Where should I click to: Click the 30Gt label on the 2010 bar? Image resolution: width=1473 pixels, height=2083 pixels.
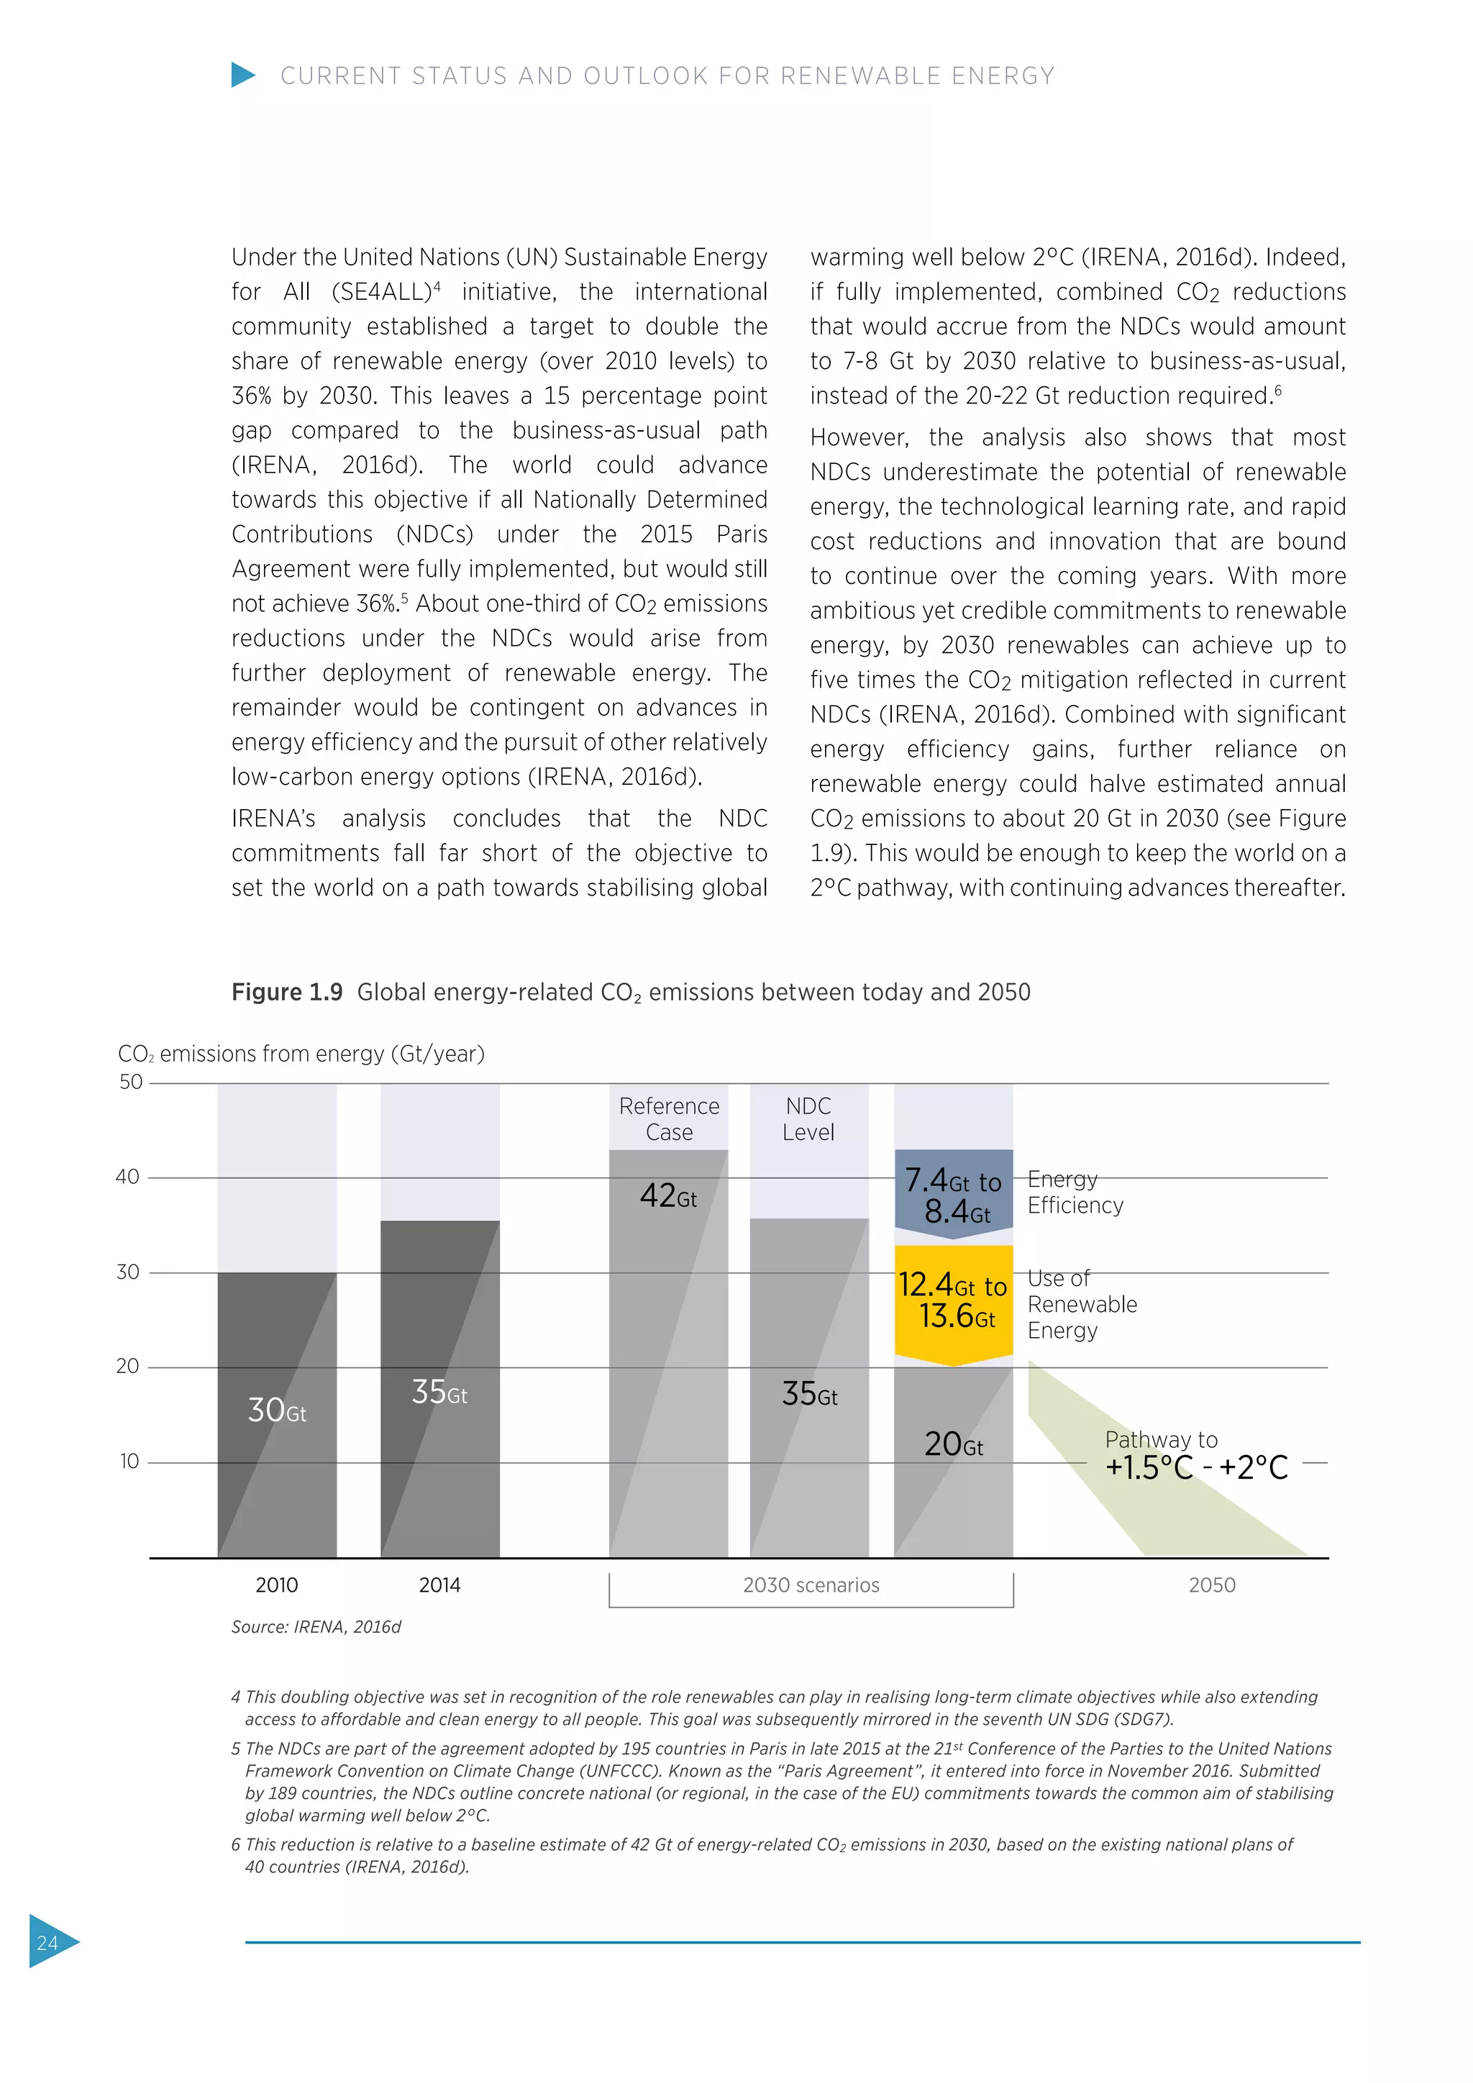(277, 1410)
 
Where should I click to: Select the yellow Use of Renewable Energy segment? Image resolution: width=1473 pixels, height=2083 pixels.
(953, 1301)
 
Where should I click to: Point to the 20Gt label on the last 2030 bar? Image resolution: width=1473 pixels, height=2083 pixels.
(953, 1444)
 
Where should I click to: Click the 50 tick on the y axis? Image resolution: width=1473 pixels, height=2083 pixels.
(131, 1082)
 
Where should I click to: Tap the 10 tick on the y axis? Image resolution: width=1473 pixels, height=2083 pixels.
(129, 1462)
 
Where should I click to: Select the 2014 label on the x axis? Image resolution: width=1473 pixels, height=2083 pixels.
(440, 1585)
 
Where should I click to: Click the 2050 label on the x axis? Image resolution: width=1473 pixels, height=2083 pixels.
(1212, 1585)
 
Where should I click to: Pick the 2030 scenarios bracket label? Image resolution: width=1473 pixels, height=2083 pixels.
(811, 1585)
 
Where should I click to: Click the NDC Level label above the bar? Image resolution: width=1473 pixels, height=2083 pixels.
(808, 1118)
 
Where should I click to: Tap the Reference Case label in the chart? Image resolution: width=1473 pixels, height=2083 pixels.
(668, 1118)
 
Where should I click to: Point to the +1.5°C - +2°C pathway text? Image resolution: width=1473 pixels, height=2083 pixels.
(1195, 1468)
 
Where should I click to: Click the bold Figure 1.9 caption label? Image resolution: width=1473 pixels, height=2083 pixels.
(287, 992)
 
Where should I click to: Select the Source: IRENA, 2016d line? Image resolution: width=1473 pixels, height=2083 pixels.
(316, 1627)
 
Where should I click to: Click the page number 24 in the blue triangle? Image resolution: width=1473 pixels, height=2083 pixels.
(47, 1942)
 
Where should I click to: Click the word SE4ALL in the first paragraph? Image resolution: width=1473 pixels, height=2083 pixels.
(381, 292)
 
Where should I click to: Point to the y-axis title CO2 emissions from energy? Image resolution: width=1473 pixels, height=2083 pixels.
(301, 1053)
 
